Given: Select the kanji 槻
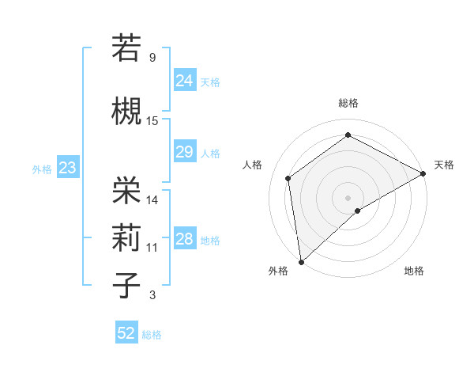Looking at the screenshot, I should click(x=126, y=109).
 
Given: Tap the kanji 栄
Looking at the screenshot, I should click(x=126, y=188).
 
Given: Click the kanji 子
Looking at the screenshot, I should click(x=126, y=284).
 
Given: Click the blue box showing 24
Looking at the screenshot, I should click(x=184, y=80).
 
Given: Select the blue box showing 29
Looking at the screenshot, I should click(x=184, y=152).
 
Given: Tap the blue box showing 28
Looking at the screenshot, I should click(x=184, y=239).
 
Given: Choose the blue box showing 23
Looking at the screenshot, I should click(x=67, y=168).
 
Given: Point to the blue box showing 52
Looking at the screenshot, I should click(x=126, y=333).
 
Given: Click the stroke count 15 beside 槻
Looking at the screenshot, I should click(x=152, y=121).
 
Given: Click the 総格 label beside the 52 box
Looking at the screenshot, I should click(x=152, y=335).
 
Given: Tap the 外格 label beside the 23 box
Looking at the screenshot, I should click(x=42, y=169).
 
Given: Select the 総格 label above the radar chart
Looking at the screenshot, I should click(x=348, y=103).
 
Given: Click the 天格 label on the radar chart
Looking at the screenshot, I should click(x=444, y=165).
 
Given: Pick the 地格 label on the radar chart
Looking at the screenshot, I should click(x=414, y=271).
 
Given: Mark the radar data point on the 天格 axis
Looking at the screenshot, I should click(x=423, y=173).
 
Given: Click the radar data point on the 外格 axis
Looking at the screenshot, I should click(x=301, y=261).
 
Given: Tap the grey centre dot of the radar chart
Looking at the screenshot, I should click(x=348, y=196).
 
